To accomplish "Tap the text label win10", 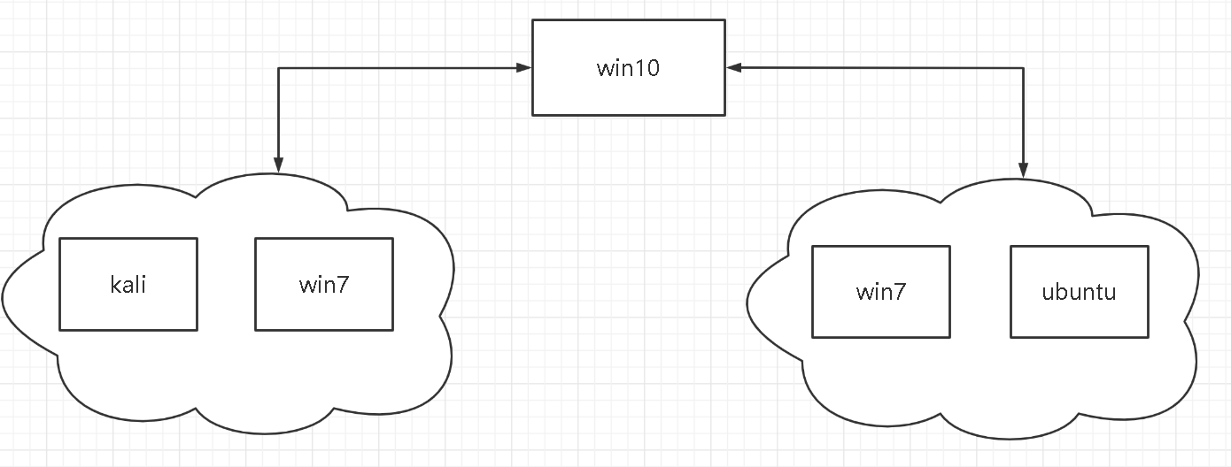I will tap(628, 68).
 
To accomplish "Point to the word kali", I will tap(128, 285).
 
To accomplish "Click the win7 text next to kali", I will tap(324, 285).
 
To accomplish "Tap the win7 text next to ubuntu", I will tap(881, 292).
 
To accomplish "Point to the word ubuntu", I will tap(1080, 292).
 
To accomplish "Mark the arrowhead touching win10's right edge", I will tap(733, 67).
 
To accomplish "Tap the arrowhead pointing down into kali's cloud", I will tap(278, 165).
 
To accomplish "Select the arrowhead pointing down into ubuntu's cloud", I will tap(1024, 172).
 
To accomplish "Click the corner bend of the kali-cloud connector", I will tap(278, 67).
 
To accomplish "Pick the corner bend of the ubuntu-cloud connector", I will tap(1024, 67).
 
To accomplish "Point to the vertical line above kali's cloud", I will tap(278, 115).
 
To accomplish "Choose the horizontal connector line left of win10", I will tap(399, 67).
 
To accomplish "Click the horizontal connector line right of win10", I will tap(877, 67).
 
